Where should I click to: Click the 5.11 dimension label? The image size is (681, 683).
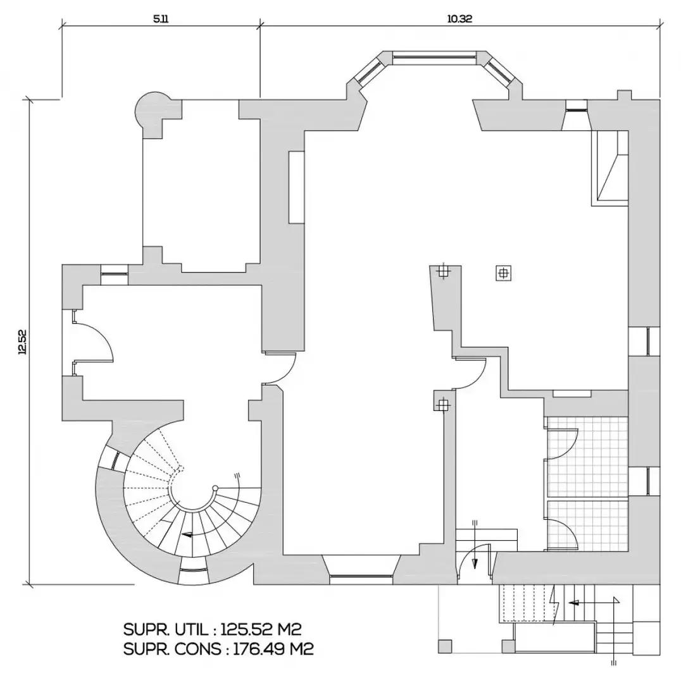pos(161,19)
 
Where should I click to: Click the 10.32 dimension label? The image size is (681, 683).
pos(459,19)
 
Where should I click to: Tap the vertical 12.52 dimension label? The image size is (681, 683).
pos(22,342)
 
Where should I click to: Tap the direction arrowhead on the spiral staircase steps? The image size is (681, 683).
pos(187,534)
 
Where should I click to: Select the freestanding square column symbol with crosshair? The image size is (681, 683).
pos(504,274)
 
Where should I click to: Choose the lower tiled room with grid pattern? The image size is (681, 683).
pos(587,526)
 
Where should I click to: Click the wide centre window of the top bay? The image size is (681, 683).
pos(434,56)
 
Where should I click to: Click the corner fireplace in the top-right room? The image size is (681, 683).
pos(609,168)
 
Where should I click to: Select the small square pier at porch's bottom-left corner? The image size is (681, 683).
pos(445,646)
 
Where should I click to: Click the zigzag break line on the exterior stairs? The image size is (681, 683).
pos(556,605)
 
